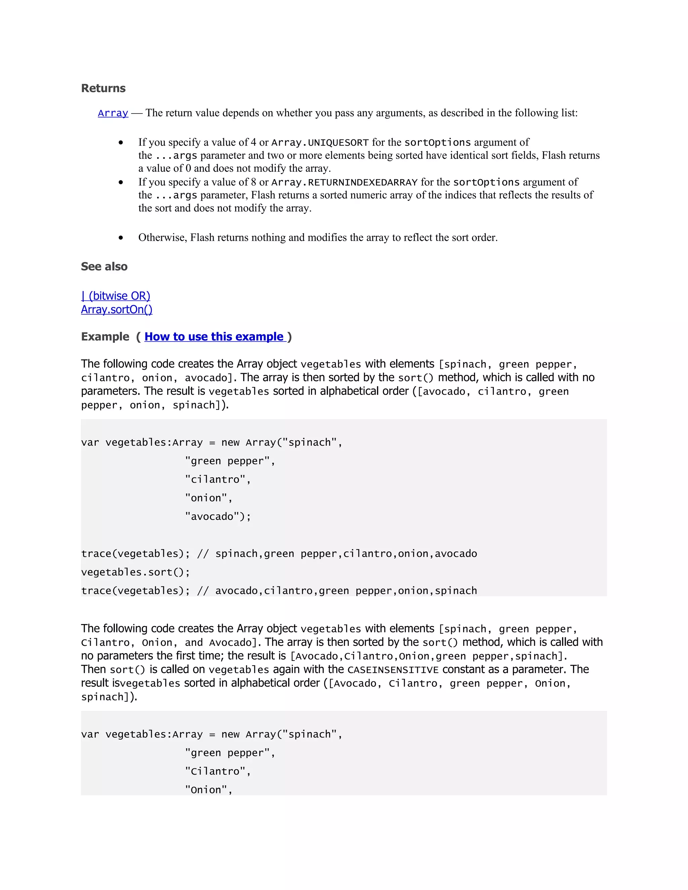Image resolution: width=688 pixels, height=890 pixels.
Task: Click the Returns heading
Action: [103, 88]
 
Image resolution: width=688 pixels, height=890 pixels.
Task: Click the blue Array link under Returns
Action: [113, 113]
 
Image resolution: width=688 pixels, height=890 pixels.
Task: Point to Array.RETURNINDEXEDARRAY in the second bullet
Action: [344, 182]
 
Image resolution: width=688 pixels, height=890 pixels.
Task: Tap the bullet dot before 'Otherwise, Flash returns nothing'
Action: [121, 237]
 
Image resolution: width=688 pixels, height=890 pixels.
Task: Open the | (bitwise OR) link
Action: [116, 296]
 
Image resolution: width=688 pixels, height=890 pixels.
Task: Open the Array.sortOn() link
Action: [117, 310]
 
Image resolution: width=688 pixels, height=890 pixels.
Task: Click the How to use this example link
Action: [214, 337]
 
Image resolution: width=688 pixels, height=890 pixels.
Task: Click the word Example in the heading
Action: [105, 337]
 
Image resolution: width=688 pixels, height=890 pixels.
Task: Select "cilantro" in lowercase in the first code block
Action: [218, 480]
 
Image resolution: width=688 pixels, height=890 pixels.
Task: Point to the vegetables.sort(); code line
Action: [135, 572]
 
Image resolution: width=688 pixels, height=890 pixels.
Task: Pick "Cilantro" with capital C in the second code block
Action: [218, 771]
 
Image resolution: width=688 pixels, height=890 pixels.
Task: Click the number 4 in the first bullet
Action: [253, 142]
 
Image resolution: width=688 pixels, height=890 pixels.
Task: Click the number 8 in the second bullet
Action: [253, 182]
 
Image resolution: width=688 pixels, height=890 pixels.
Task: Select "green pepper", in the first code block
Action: [230, 461]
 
